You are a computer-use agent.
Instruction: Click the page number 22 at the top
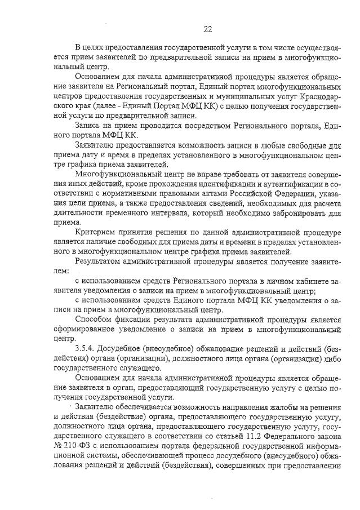click(207, 29)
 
